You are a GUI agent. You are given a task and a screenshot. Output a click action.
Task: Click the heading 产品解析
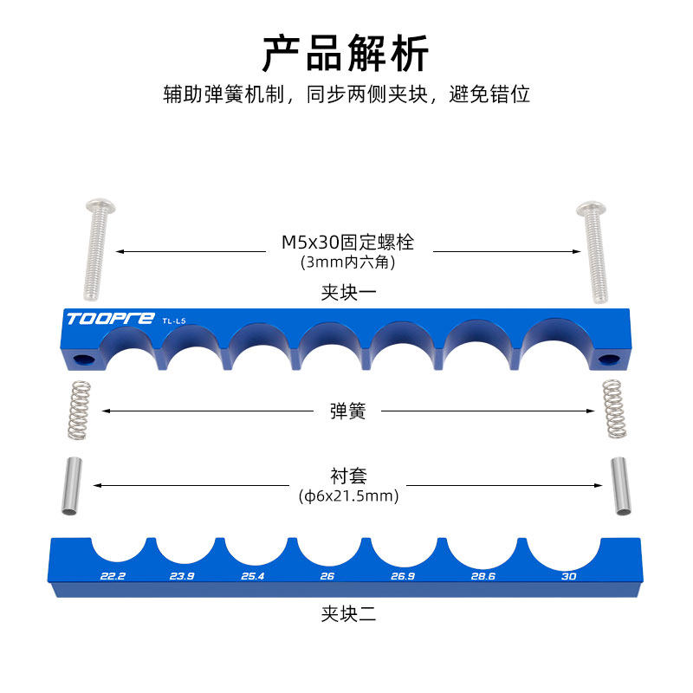tap(346, 54)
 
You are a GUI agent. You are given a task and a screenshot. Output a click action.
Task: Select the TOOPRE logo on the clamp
tap(110, 319)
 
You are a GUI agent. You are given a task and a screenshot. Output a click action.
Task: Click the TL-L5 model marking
tap(174, 321)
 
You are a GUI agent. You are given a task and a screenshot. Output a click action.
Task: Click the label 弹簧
tap(348, 411)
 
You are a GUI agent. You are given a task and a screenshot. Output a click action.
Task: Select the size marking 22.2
tap(113, 576)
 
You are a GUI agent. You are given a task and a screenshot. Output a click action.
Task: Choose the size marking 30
tap(569, 576)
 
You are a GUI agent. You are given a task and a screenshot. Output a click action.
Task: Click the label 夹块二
tap(348, 615)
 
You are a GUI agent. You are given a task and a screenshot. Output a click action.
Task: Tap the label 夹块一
tap(348, 293)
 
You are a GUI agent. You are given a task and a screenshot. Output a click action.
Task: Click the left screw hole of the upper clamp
tap(86, 359)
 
